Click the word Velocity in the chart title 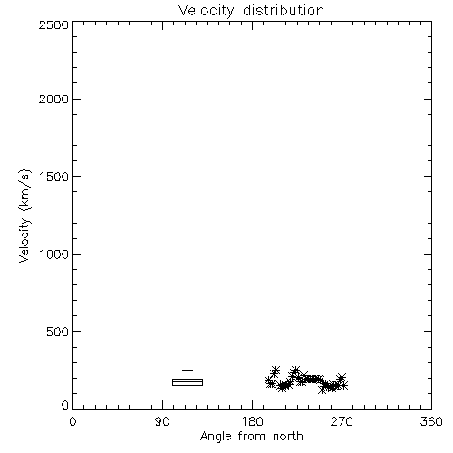point(206,11)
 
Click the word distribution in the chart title point(284,10)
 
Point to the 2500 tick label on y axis point(53,24)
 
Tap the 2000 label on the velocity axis point(53,99)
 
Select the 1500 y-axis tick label point(54,177)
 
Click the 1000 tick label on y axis point(54,254)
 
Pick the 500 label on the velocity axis point(58,332)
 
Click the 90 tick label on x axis point(162,421)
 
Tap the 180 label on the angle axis point(252,421)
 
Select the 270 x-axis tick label point(342,421)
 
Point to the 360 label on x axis point(431,421)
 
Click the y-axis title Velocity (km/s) point(24,216)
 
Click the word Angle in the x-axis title point(216,437)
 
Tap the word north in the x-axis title point(288,437)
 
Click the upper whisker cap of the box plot point(188,371)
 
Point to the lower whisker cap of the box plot point(188,390)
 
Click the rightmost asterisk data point point(343,385)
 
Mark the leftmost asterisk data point point(269,381)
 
